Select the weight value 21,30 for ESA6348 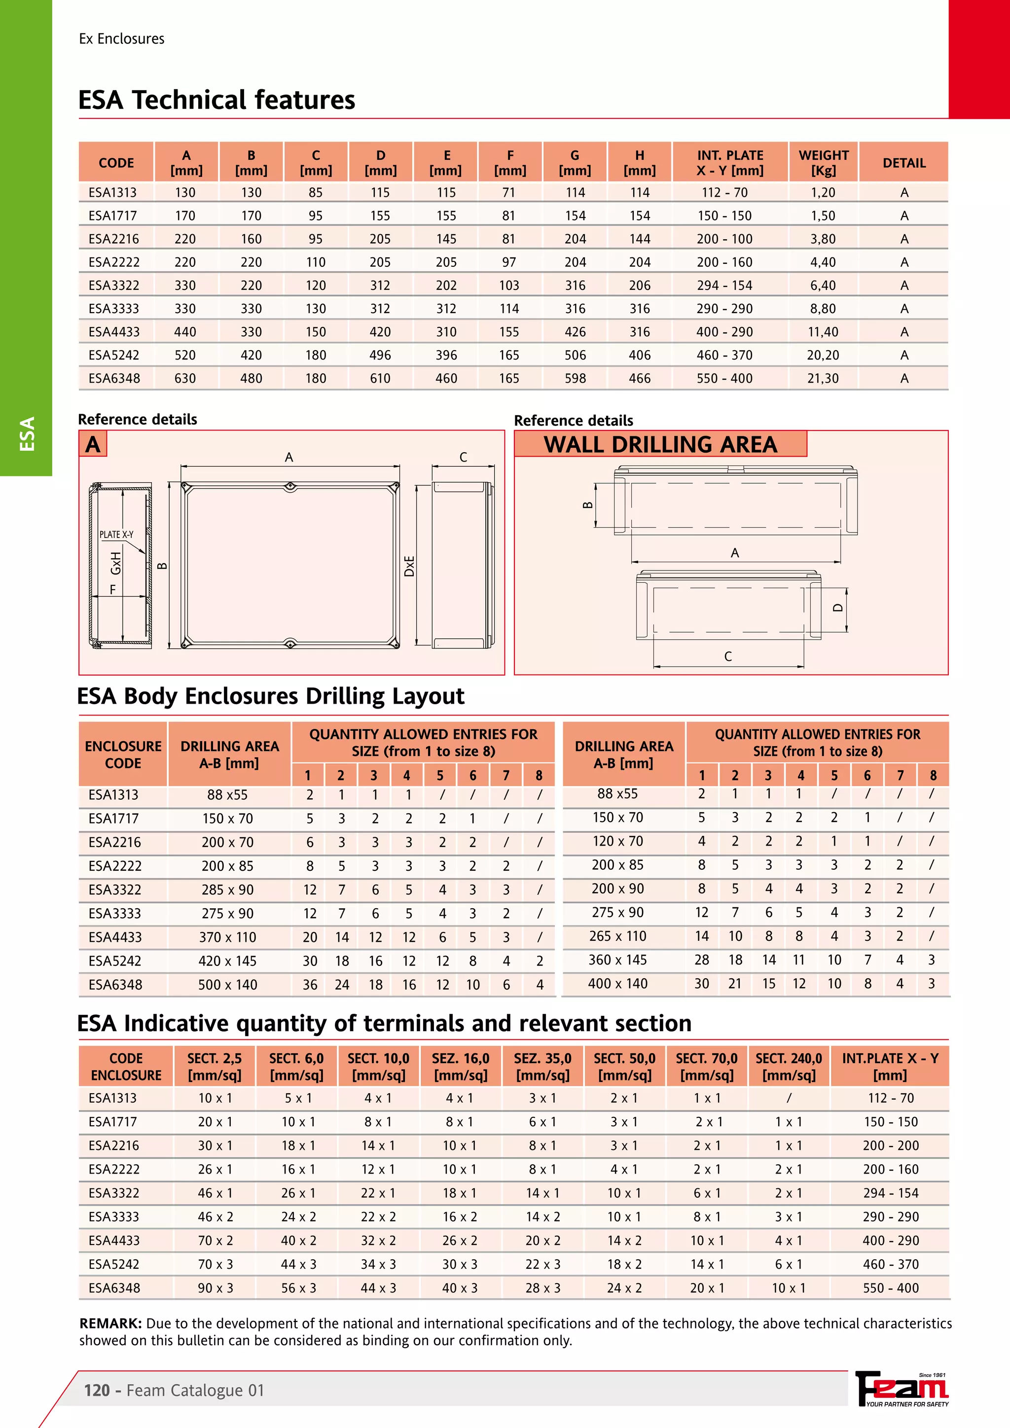click(823, 378)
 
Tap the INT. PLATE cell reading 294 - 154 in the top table click(724, 286)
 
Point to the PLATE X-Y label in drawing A click(116, 534)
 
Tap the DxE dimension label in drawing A click(409, 566)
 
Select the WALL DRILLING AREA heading click(660, 444)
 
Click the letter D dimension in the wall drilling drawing click(838, 607)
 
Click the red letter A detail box click(93, 444)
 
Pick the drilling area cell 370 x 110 click(228, 937)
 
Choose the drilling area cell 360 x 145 click(617, 960)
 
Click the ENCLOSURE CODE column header click(123, 754)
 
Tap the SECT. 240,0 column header click(788, 1067)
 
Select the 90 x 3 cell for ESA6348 click(215, 1288)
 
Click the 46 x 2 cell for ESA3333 click(215, 1216)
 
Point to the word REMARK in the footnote click(110, 1323)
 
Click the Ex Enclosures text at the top click(121, 38)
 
